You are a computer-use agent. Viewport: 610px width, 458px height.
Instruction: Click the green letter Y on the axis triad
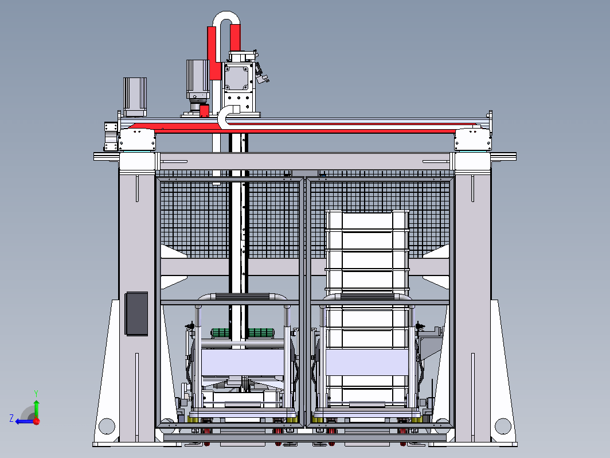[36, 393]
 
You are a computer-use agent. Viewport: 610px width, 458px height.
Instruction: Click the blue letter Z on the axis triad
[11, 418]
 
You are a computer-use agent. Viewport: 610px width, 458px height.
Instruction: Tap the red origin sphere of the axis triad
[37, 421]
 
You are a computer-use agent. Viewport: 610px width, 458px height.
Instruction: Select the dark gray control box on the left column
[136, 313]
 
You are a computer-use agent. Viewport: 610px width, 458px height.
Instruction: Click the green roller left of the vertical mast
[220, 333]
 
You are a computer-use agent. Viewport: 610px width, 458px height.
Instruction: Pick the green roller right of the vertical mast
[261, 333]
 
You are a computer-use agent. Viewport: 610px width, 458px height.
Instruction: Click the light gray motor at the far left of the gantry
[135, 96]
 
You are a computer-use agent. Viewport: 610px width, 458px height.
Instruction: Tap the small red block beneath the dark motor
[204, 111]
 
